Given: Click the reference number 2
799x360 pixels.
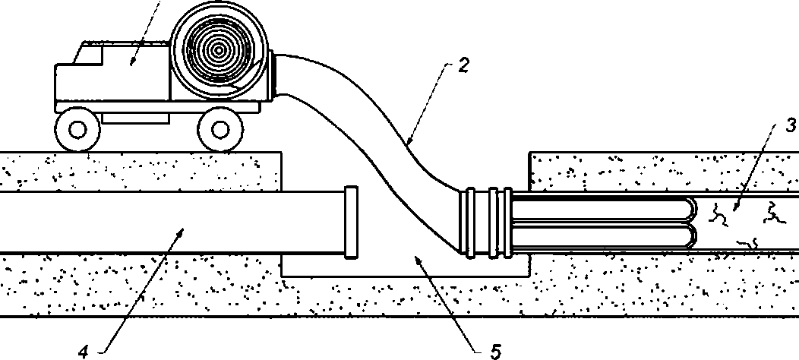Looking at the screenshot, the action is [x=463, y=66].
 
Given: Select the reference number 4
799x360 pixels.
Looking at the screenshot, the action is [x=84, y=352].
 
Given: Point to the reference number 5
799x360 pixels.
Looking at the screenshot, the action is [x=496, y=352].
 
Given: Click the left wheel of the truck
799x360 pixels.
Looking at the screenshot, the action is [x=77, y=130].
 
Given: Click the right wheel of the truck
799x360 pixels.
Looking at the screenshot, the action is [x=220, y=130].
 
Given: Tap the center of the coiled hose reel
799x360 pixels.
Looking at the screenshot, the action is [x=219, y=50].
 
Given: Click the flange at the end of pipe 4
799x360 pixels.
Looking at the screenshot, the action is [x=351, y=223].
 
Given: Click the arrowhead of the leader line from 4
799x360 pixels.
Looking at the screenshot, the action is [x=180, y=232].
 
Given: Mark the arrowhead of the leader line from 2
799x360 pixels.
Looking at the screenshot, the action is [x=408, y=144].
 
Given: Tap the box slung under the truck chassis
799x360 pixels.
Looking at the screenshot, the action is [x=135, y=118].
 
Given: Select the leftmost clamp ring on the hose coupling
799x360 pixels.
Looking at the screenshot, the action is [x=470, y=222].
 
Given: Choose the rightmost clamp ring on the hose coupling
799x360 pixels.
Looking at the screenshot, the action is [x=507, y=222].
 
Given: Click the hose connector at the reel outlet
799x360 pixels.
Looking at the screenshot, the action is [x=272, y=74].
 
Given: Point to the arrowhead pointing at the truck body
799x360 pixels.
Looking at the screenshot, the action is [x=132, y=62].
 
